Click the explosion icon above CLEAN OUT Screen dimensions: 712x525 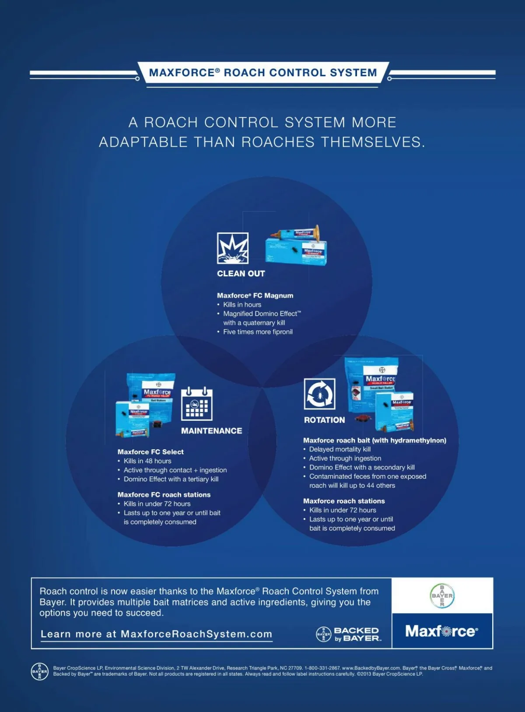(232, 248)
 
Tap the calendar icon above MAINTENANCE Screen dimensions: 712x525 (196, 404)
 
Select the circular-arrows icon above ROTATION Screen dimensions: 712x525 (319, 394)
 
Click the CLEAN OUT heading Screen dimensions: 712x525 (241, 274)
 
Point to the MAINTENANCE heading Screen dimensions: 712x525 (211, 431)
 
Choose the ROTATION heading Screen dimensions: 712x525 (324, 420)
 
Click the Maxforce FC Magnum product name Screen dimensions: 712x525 (255, 296)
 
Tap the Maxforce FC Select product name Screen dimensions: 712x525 (150, 452)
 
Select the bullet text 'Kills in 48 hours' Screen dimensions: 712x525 (147, 461)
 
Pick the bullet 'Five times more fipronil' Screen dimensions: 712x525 (258, 332)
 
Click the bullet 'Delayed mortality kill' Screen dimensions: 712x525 (339, 449)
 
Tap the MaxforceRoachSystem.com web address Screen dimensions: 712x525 (196, 634)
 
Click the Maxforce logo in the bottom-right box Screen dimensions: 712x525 (441, 631)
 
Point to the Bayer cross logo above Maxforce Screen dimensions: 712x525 (442, 596)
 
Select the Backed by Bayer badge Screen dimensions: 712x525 (348, 634)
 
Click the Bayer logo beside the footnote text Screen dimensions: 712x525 (39, 671)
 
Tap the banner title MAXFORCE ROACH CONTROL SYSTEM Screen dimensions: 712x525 (262, 73)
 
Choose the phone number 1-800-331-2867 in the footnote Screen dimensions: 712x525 (322, 668)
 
